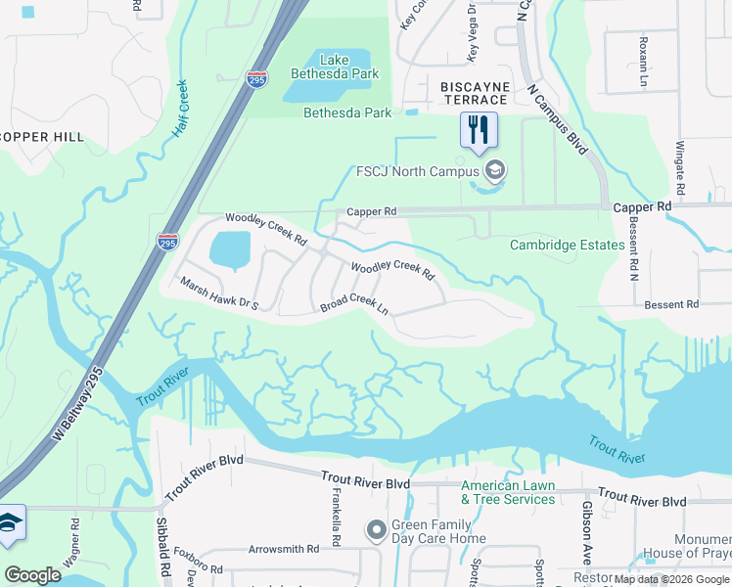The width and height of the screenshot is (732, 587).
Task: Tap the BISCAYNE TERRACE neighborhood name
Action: coord(475,93)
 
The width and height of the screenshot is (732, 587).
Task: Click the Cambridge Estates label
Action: coord(567,245)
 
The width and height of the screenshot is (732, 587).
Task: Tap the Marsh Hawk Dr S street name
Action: coord(217,292)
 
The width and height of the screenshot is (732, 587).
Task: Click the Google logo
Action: coord(33,575)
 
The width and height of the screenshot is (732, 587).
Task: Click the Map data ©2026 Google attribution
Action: coord(670,579)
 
